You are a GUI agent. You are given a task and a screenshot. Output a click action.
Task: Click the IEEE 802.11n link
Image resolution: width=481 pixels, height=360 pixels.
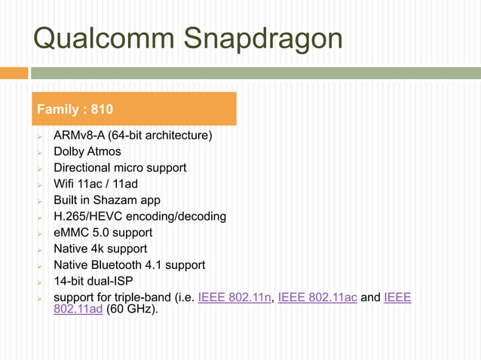coord(234,297)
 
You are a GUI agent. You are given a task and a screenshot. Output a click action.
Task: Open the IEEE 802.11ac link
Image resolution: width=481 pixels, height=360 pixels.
coord(317,297)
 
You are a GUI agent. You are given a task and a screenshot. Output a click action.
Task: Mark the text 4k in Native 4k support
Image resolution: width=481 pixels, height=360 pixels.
coord(100,249)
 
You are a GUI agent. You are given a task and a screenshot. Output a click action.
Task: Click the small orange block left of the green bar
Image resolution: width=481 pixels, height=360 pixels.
coord(14,73)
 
